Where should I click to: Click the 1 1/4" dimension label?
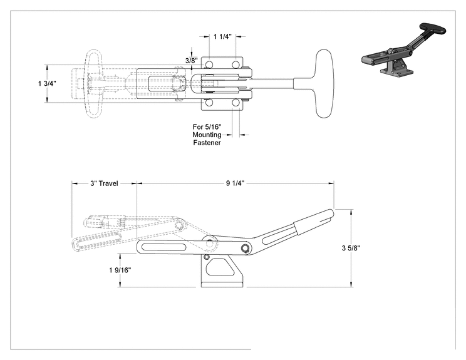click(222, 36)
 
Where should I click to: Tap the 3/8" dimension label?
click(192, 61)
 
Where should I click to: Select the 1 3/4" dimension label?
click(47, 83)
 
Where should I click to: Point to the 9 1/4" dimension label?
click(235, 183)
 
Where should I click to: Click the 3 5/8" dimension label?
click(351, 248)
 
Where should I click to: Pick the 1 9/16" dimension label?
click(120, 270)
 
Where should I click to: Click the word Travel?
click(108, 183)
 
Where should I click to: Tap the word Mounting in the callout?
click(207, 135)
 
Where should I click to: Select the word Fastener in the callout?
click(207, 143)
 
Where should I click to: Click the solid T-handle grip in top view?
click(324, 83)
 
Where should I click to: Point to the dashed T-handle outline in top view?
click(93, 84)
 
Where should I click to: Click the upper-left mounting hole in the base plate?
click(209, 64)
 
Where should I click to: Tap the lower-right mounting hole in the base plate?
click(236, 103)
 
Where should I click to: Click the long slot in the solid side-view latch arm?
click(164, 247)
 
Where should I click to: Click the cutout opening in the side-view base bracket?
click(220, 267)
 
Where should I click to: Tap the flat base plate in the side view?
click(222, 284)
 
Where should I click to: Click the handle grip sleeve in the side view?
click(314, 220)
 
